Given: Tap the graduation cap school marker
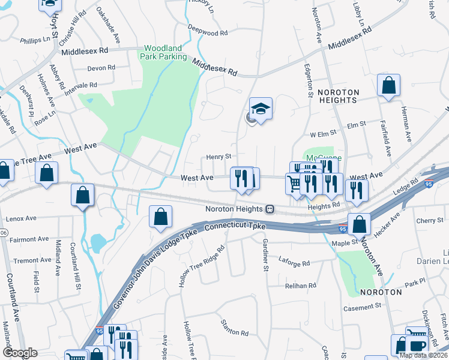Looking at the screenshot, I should coord(261,109).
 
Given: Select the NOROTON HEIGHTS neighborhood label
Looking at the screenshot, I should coord(338,96).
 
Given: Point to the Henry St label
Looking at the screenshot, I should coord(219,157).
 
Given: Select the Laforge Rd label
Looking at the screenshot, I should coord(294,263).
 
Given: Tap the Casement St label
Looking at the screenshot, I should coord(362,308).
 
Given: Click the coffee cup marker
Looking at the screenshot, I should coord(415,346).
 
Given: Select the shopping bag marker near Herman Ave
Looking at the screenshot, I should coord(388,86).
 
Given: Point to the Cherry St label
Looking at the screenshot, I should coord(429,221).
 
